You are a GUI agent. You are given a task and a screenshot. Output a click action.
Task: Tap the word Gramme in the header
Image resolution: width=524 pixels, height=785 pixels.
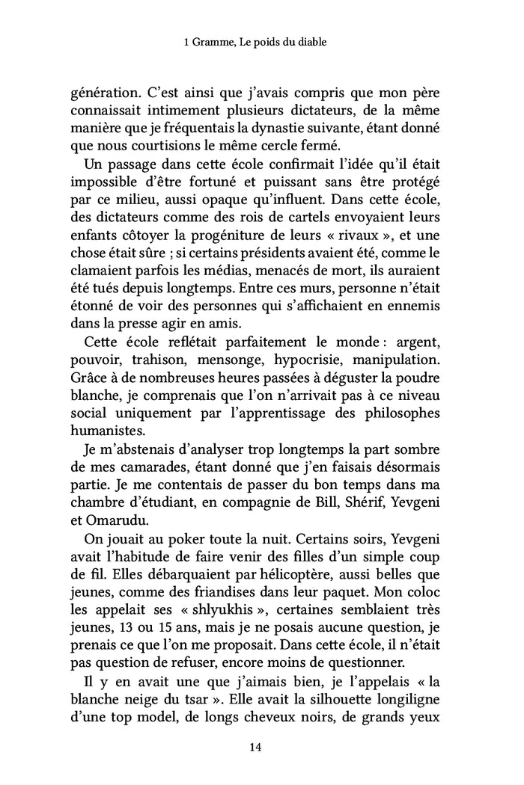pyautogui.click(x=213, y=43)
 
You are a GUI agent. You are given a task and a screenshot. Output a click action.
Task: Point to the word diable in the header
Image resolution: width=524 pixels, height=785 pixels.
pyautogui.click(x=323, y=43)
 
